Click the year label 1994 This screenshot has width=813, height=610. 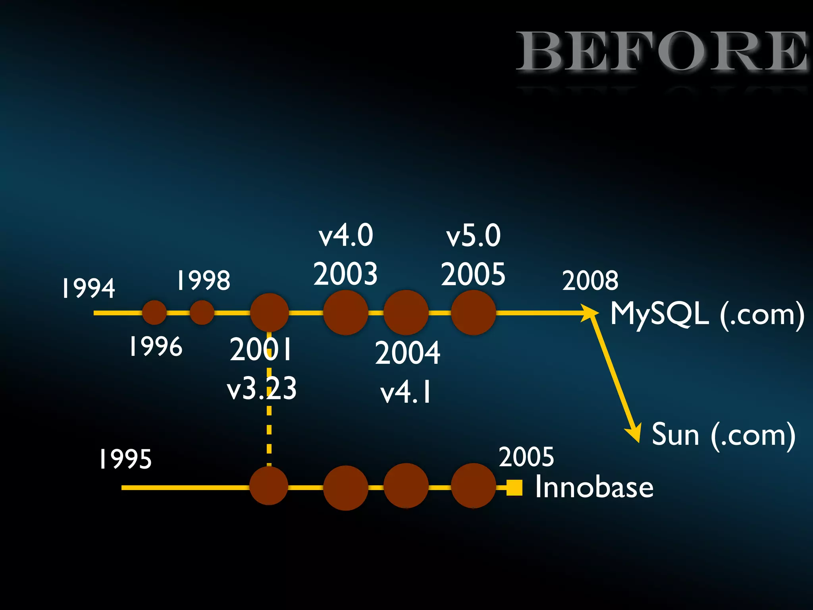pos(89,288)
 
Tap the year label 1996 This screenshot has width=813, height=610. pos(156,346)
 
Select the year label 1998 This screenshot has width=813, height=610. pos(203,280)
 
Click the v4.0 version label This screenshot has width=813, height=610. pos(346,235)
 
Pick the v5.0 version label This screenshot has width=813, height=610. pos(473,236)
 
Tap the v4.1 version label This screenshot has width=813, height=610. pos(406,392)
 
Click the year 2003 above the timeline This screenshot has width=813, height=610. pos(345,274)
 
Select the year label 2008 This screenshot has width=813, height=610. pos(590,280)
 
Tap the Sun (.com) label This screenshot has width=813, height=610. pos(723,435)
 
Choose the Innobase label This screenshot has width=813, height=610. pos(594,487)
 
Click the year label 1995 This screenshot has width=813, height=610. pos(125,459)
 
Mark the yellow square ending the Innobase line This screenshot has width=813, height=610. pos(514,488)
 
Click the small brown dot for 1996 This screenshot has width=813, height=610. pos(154,313)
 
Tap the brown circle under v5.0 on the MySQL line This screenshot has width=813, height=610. pos(473,313)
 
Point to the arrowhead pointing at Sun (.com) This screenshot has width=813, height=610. pos(634,434)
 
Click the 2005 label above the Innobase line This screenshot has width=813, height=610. pos(526,457)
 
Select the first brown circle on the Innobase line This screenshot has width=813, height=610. pos(269,486)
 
